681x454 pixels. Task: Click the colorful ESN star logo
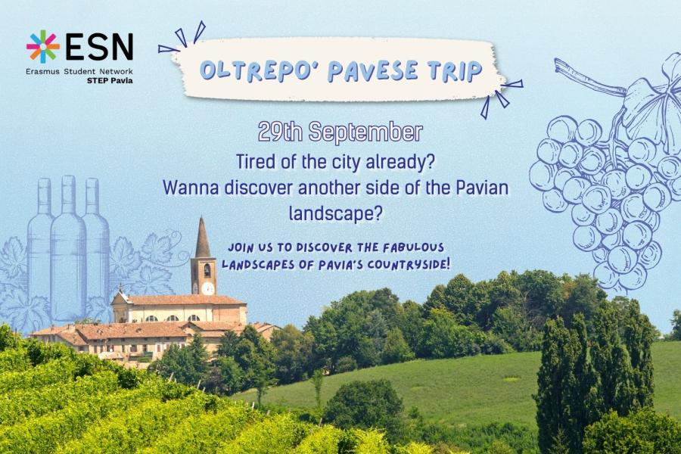click(42, 46)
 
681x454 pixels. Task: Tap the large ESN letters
click(99, 46)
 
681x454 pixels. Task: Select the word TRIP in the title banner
click(456, 70)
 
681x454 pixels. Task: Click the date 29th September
click(340, 132)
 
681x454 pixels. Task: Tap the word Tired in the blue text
click(254, 162)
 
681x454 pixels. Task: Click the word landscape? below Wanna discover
click(335, 213)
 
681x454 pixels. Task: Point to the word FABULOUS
click(413, 247)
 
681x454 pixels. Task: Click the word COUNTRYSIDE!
click(405, 264)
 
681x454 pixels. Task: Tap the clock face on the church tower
click(207, 288)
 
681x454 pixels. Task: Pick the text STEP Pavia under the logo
click(110, 80)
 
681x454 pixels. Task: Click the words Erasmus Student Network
click(79, 71)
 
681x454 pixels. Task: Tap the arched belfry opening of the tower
click(207, 270)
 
